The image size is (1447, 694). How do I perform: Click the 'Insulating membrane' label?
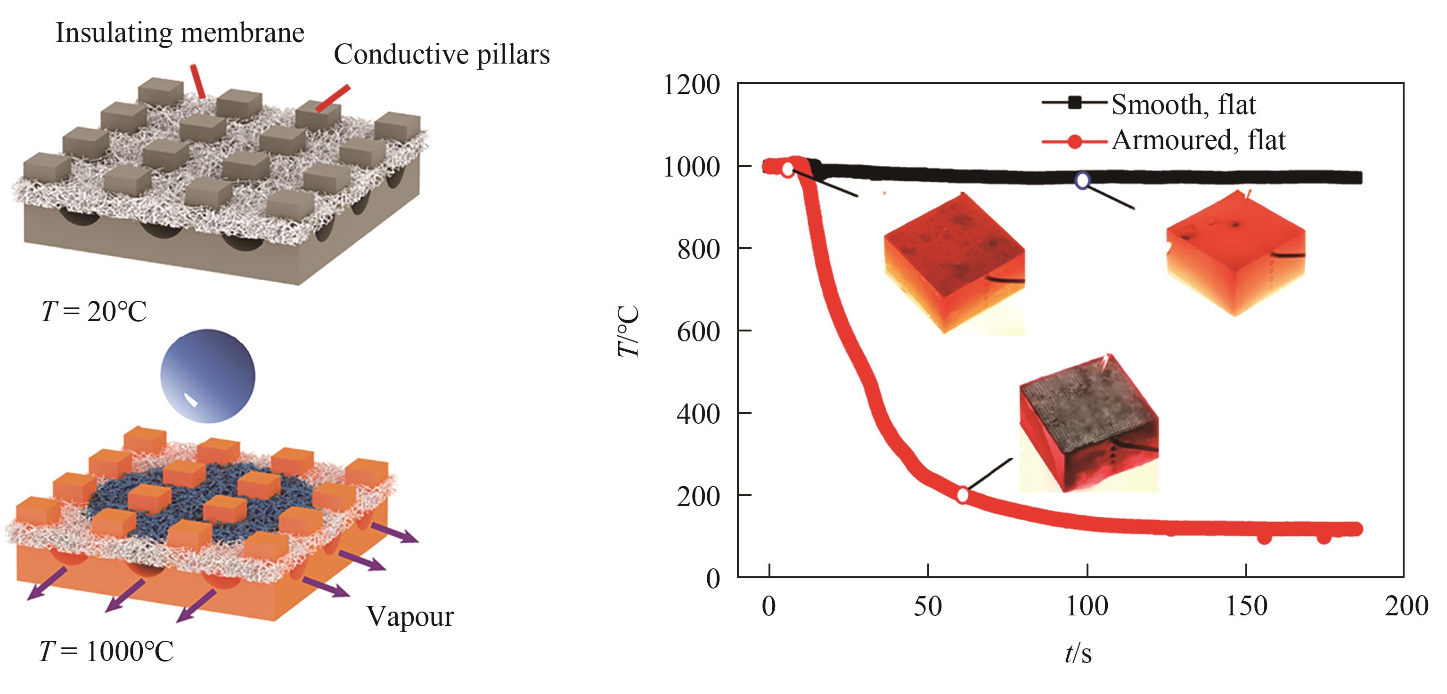[x=180, y=33]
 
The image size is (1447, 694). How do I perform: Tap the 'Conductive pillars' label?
[x=441, y=55]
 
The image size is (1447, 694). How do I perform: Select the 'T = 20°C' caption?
[x=94, y=312]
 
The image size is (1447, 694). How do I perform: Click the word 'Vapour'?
[x=410, y=616]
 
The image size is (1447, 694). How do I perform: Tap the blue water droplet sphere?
[x=207, y=376]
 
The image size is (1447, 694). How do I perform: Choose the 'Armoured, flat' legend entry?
[x=1198, y=140]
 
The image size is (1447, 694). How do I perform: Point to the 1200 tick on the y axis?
[x=691, y=85]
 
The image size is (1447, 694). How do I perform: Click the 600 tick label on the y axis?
[x=698, y=331]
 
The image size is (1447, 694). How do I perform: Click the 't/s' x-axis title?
[x=1078, y=654]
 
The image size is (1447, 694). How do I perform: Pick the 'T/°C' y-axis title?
[x=629, y=331]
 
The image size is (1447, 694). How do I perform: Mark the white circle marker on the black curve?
[x=1082, y=180]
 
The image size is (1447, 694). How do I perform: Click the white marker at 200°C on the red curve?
[x=963, y=495]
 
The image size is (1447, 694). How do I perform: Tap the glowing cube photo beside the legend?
[x=1236, y=253]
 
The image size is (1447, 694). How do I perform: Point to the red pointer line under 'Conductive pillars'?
[x=333, y=98]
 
